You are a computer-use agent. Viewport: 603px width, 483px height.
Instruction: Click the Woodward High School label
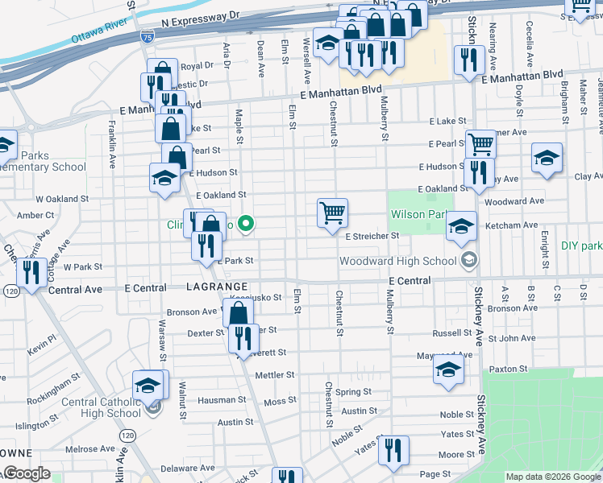[397, 261]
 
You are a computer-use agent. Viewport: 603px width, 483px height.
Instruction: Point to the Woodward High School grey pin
[468, 260]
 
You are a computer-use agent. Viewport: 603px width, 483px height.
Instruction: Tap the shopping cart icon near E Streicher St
[332, 213]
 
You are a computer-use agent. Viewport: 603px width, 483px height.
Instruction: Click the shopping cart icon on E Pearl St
[480, 145]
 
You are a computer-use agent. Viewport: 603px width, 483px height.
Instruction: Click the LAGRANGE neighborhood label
[216, 287]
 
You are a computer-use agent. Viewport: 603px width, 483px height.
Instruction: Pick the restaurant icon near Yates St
[393, 449]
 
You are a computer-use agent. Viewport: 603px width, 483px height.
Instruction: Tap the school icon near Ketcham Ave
[462, 225]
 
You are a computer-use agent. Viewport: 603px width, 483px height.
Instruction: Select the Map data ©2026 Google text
[553, 477]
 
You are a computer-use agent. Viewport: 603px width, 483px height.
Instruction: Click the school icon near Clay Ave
[547, 158]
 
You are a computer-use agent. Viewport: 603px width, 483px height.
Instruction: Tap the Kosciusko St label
[256, 297]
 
